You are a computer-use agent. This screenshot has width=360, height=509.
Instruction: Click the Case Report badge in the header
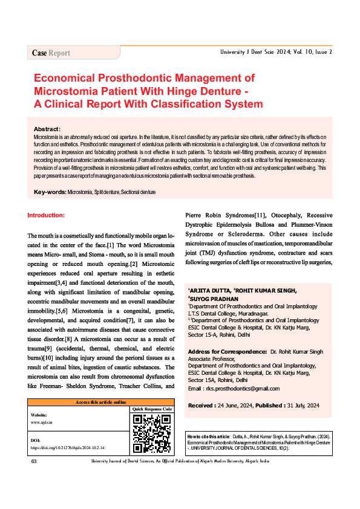[51, 53]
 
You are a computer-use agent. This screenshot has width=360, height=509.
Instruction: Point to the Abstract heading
[47, 129]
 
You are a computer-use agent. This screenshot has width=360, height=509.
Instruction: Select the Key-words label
[50, 192]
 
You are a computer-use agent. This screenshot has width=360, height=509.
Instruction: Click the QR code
[152, 433]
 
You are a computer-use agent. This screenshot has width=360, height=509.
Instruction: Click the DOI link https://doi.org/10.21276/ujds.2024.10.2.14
[68, 448]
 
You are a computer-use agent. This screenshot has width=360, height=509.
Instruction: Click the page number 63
[34, 461]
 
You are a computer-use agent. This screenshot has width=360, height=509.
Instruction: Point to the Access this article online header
[100, 401]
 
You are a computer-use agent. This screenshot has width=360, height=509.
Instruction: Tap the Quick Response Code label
[152, 409]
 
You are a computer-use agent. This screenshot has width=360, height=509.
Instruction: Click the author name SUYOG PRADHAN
[216, 299]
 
